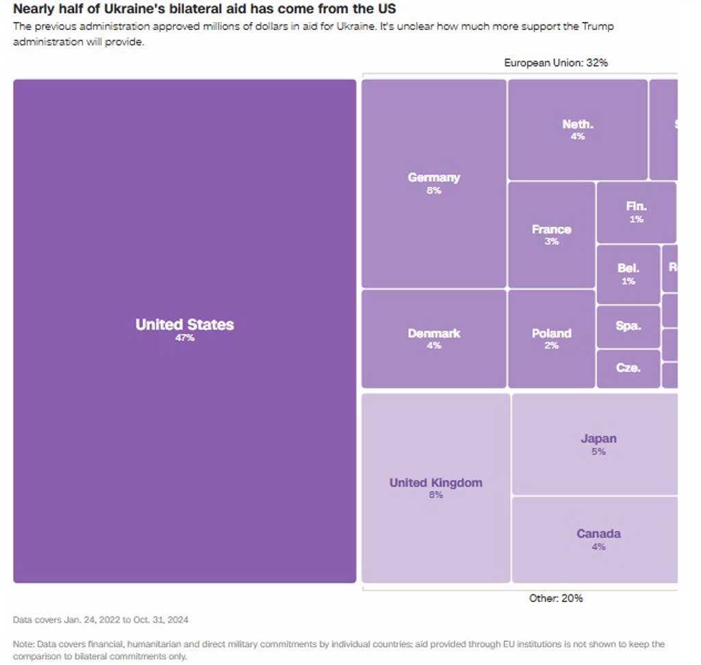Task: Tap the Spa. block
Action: (628, 326)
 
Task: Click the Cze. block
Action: (628, 368)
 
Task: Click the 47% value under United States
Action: (185, 338)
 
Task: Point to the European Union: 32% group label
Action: (556, 63)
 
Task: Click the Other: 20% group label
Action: (556, 598)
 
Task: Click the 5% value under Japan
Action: (598, 452)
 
